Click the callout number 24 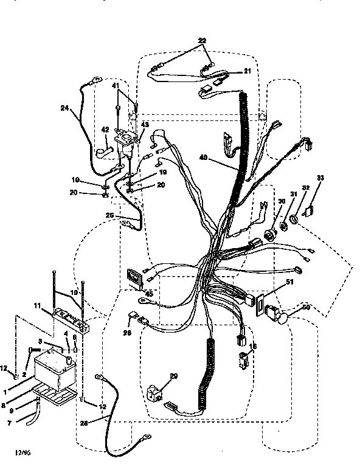65,109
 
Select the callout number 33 320,179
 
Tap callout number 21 247,71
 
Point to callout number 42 105,129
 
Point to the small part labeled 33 308,210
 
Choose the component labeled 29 156,391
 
